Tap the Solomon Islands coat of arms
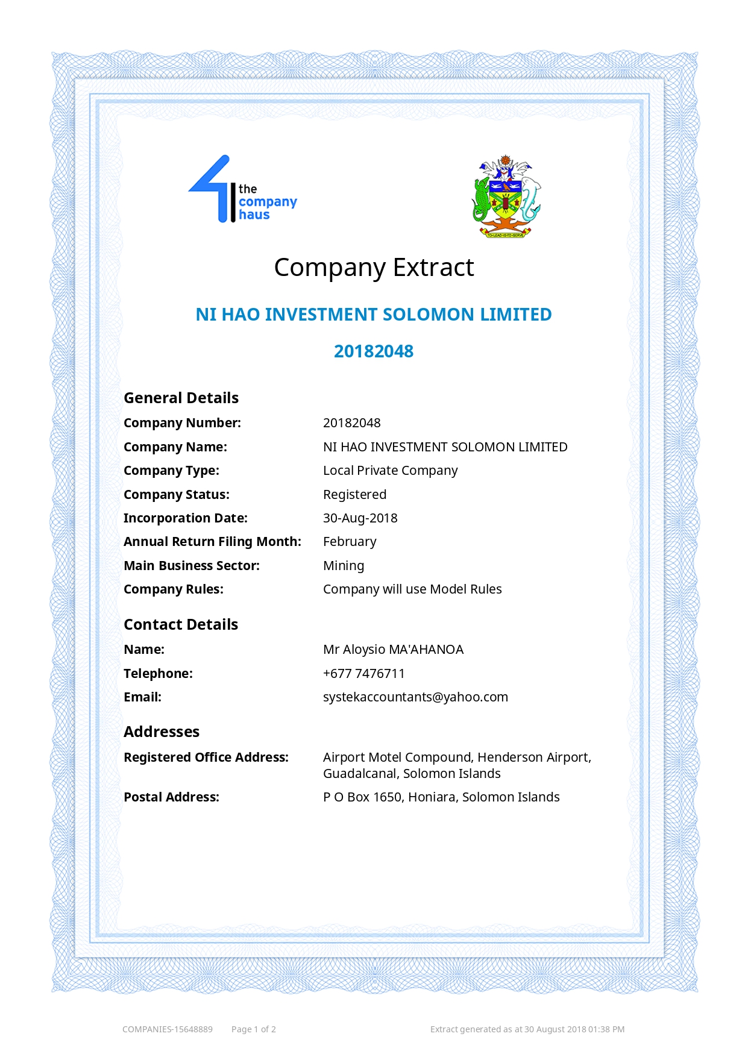(x=506, y=196)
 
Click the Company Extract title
(x=374, y=268)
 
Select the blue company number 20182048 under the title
(x=374, y=351)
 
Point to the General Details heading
(x=181, y=398)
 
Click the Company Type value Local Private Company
(x=390, y=471)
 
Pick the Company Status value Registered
(x=354, y=495)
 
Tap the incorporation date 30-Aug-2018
(x=360, y=518)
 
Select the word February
(x=350, y=542)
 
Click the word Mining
(x=344, y=566)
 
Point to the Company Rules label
(x=174, y=589)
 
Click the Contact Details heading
(x=181, y=624)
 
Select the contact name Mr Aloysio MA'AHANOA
(x=393, y=650)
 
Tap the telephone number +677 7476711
(x=363, y=674)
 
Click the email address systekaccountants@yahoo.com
(x=415, y=697)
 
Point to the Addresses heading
(x=162, y=732)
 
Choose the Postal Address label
(x=171, y=797)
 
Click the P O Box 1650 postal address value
(x=441, y=797)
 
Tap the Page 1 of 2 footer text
(x=253, y=1029)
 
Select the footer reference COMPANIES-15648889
(x=168, y=1029)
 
